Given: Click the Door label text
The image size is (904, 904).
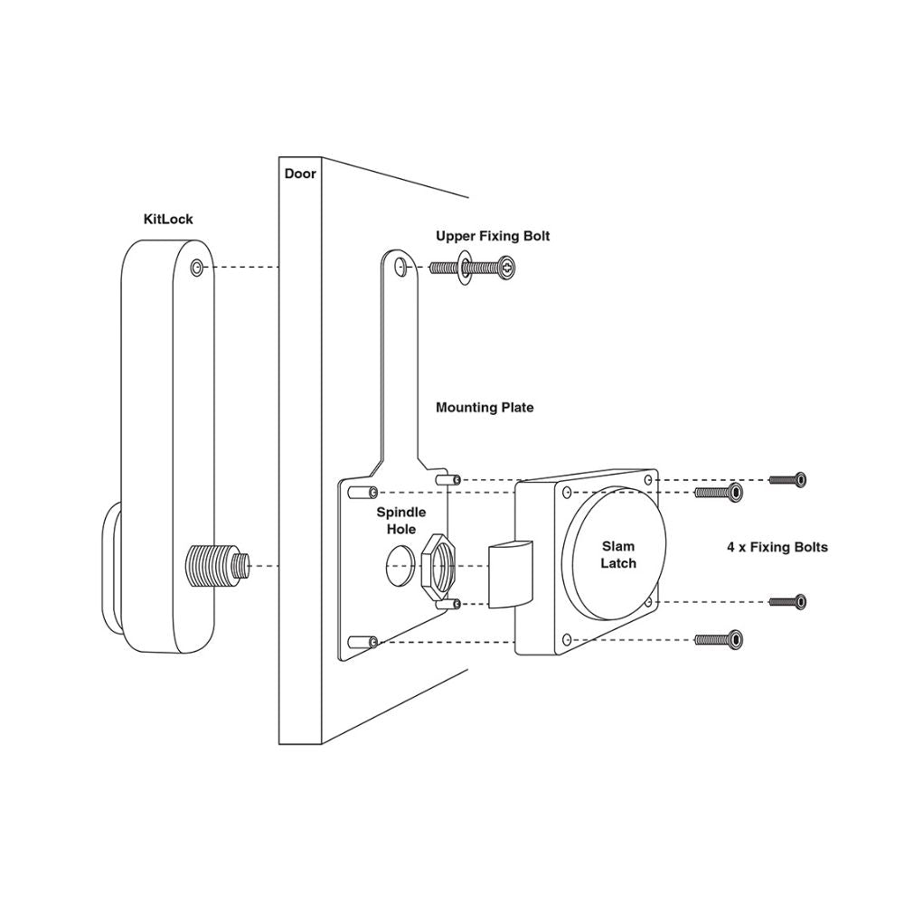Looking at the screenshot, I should click(x=300, y=173).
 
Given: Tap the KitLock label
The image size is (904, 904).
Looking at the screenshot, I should click(x=168, y=219).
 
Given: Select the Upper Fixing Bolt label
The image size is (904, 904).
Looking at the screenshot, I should click(x=493, y=236).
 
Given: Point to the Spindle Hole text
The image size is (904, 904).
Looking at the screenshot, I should click(x=401, y=520).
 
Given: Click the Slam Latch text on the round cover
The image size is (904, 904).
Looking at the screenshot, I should click(x=618, y=555).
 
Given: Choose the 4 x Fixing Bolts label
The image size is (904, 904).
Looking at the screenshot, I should click(x=777, y=547).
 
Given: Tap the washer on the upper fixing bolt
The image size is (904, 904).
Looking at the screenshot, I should click(x=462, y=267).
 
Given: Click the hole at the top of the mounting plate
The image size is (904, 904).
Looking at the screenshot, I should click(x=400, y=267).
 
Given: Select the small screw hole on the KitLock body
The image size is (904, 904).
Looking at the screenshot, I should click(x=198, y=268).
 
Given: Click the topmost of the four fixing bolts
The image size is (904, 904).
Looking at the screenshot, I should click(x=787, y=479).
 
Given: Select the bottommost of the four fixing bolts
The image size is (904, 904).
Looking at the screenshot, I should click(x=720, y=639).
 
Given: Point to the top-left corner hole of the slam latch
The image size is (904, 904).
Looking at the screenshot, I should click(x=566, y=493).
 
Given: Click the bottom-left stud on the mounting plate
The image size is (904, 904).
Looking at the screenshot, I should click(x=362, y=641).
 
